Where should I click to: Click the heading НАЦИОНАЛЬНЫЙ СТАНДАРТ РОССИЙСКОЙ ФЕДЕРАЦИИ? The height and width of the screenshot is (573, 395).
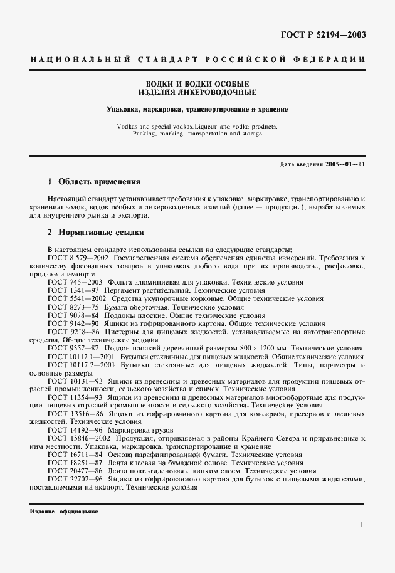tap(197, 60)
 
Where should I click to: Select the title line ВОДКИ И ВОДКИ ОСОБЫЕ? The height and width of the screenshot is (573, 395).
tap(197, 84)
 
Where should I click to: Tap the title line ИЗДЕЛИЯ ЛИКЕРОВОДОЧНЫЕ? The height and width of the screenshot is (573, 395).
tap(197, 93)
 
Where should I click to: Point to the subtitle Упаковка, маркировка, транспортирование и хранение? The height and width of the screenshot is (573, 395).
tap(197, 110)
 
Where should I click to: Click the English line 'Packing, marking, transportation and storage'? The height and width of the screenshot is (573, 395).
tap(197, 134)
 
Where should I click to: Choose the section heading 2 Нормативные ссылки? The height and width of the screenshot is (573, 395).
tap(96, 231)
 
